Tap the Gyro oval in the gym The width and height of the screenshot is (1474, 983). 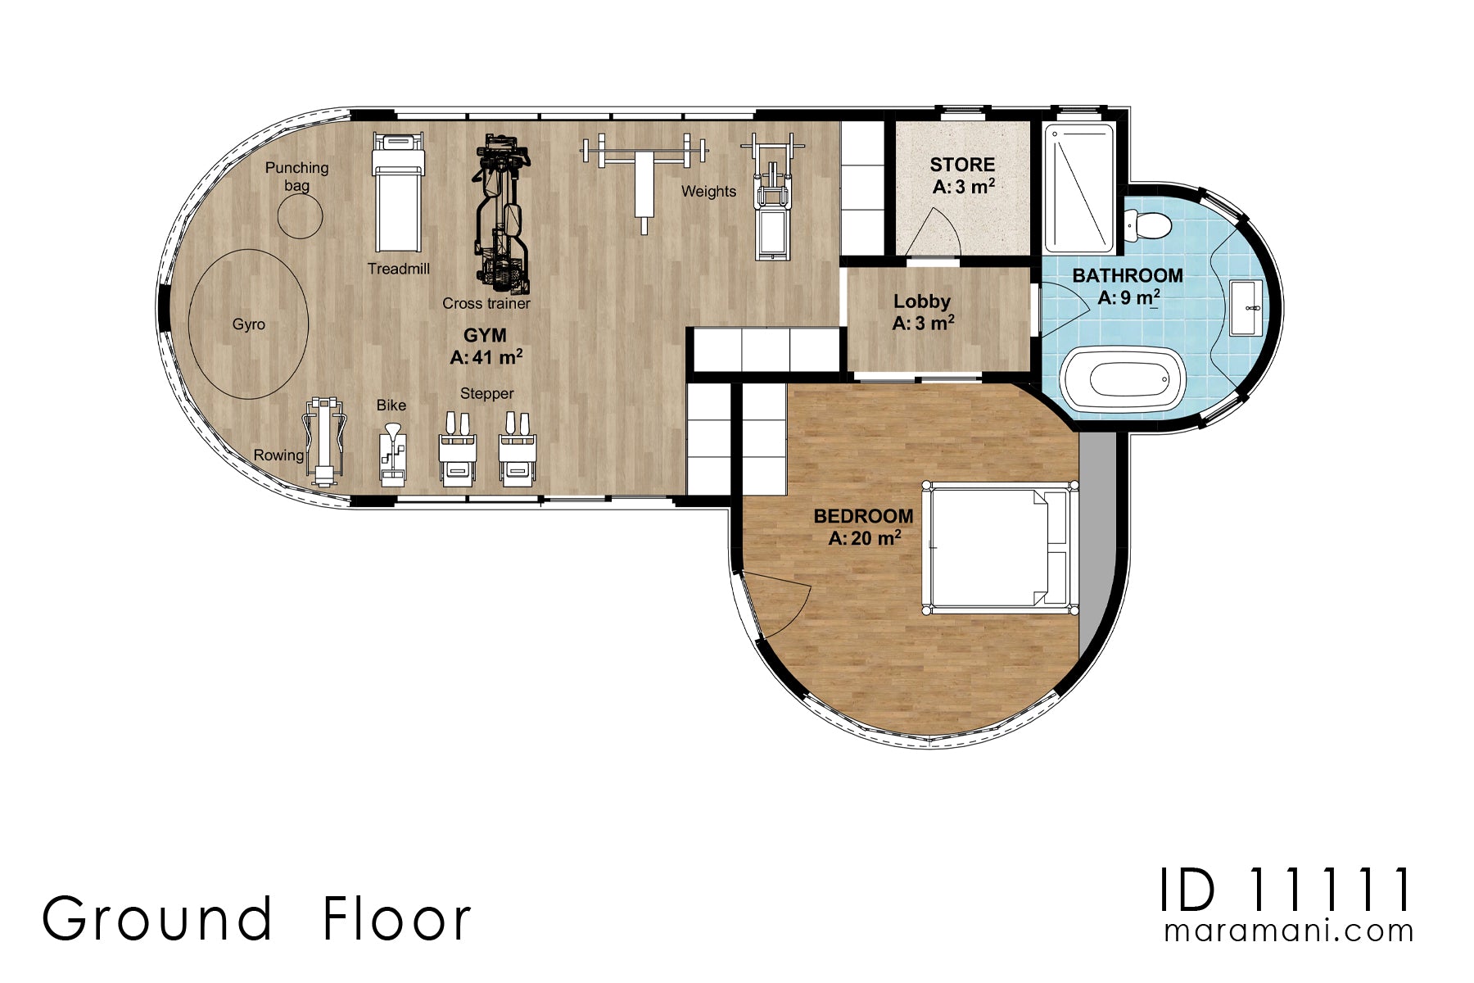point(248,324)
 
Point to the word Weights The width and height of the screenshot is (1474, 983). point(708,192)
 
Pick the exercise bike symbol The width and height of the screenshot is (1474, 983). point(392,455)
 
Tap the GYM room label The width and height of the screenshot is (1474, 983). point(486,336)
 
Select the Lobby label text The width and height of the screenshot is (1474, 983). point(922,301)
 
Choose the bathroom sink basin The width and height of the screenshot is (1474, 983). point(1246,307)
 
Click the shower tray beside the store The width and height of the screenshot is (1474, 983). point(1079,188)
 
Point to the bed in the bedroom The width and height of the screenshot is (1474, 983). point(999,546)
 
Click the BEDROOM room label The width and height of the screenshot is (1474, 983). point(863,517)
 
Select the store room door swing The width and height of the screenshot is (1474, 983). point(934,233)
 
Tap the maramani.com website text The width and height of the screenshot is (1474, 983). point(1288,931)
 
